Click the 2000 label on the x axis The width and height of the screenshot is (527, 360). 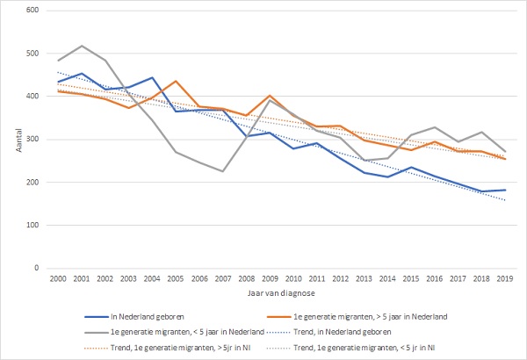click(x=60, y=279)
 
